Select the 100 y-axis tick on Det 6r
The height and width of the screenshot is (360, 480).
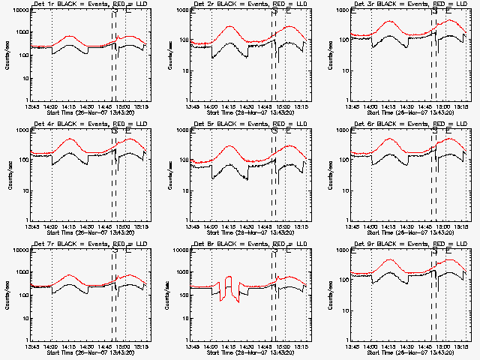[346, 160]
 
